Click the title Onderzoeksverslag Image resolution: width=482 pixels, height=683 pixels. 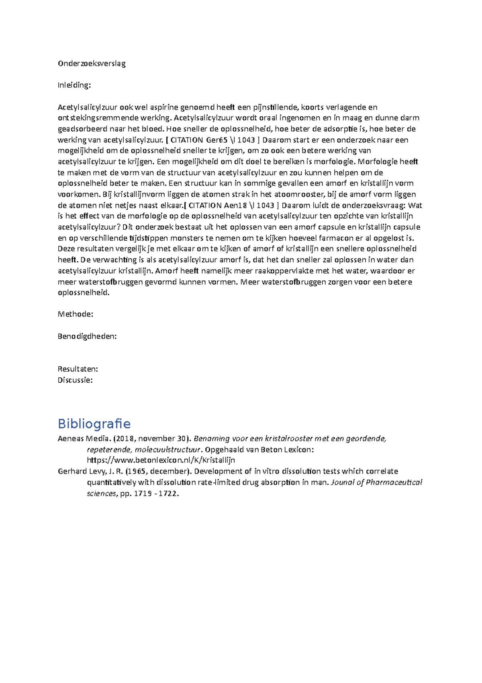(x=92, y=64)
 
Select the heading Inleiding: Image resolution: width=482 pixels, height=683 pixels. (x=74, y=85)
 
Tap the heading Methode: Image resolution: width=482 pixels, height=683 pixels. (x=76, y=314)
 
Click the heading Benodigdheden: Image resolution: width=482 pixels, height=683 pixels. (x=87, y=336)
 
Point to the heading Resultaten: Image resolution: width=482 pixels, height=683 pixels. (x=78, y=369)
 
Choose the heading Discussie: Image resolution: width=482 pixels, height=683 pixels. (x=75, y=380)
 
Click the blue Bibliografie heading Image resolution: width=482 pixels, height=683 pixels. (x=94, y=424)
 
